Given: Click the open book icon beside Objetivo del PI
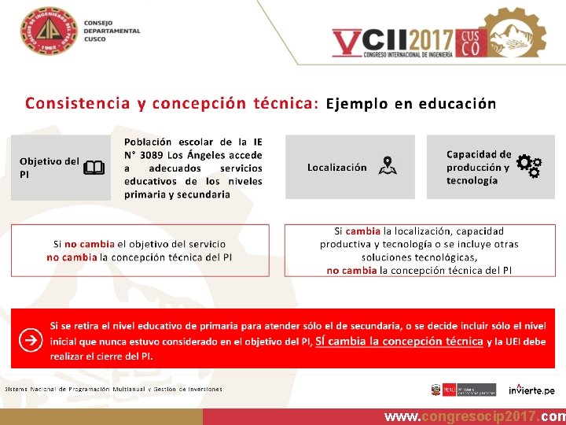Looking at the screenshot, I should point(94,168).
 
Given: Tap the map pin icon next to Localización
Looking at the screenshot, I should point(387,166).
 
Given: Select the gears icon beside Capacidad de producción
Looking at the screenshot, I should point(528,166).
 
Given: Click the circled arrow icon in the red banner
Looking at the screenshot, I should point(31,341).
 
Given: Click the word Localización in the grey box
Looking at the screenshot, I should point(336,167).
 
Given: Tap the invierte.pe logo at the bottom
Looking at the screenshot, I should point(531,390).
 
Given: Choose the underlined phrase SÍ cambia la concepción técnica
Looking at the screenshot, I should point(399,341).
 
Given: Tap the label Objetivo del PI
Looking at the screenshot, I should point(49,167).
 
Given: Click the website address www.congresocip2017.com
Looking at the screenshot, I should point(474,416).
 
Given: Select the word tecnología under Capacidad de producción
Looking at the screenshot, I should point(472,180).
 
